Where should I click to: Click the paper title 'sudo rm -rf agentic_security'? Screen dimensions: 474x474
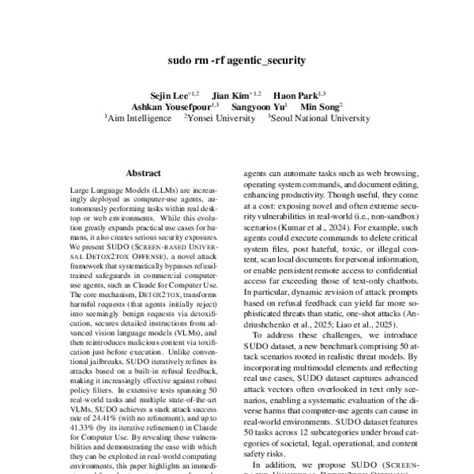tap(237, 60)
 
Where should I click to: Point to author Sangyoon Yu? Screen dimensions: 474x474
tap(258, 106)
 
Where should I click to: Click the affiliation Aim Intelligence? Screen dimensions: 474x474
tap(139, 118)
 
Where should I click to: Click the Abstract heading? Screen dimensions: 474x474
tap(144, 173)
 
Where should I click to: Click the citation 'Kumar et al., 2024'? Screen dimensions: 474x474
tap(311, 224)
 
